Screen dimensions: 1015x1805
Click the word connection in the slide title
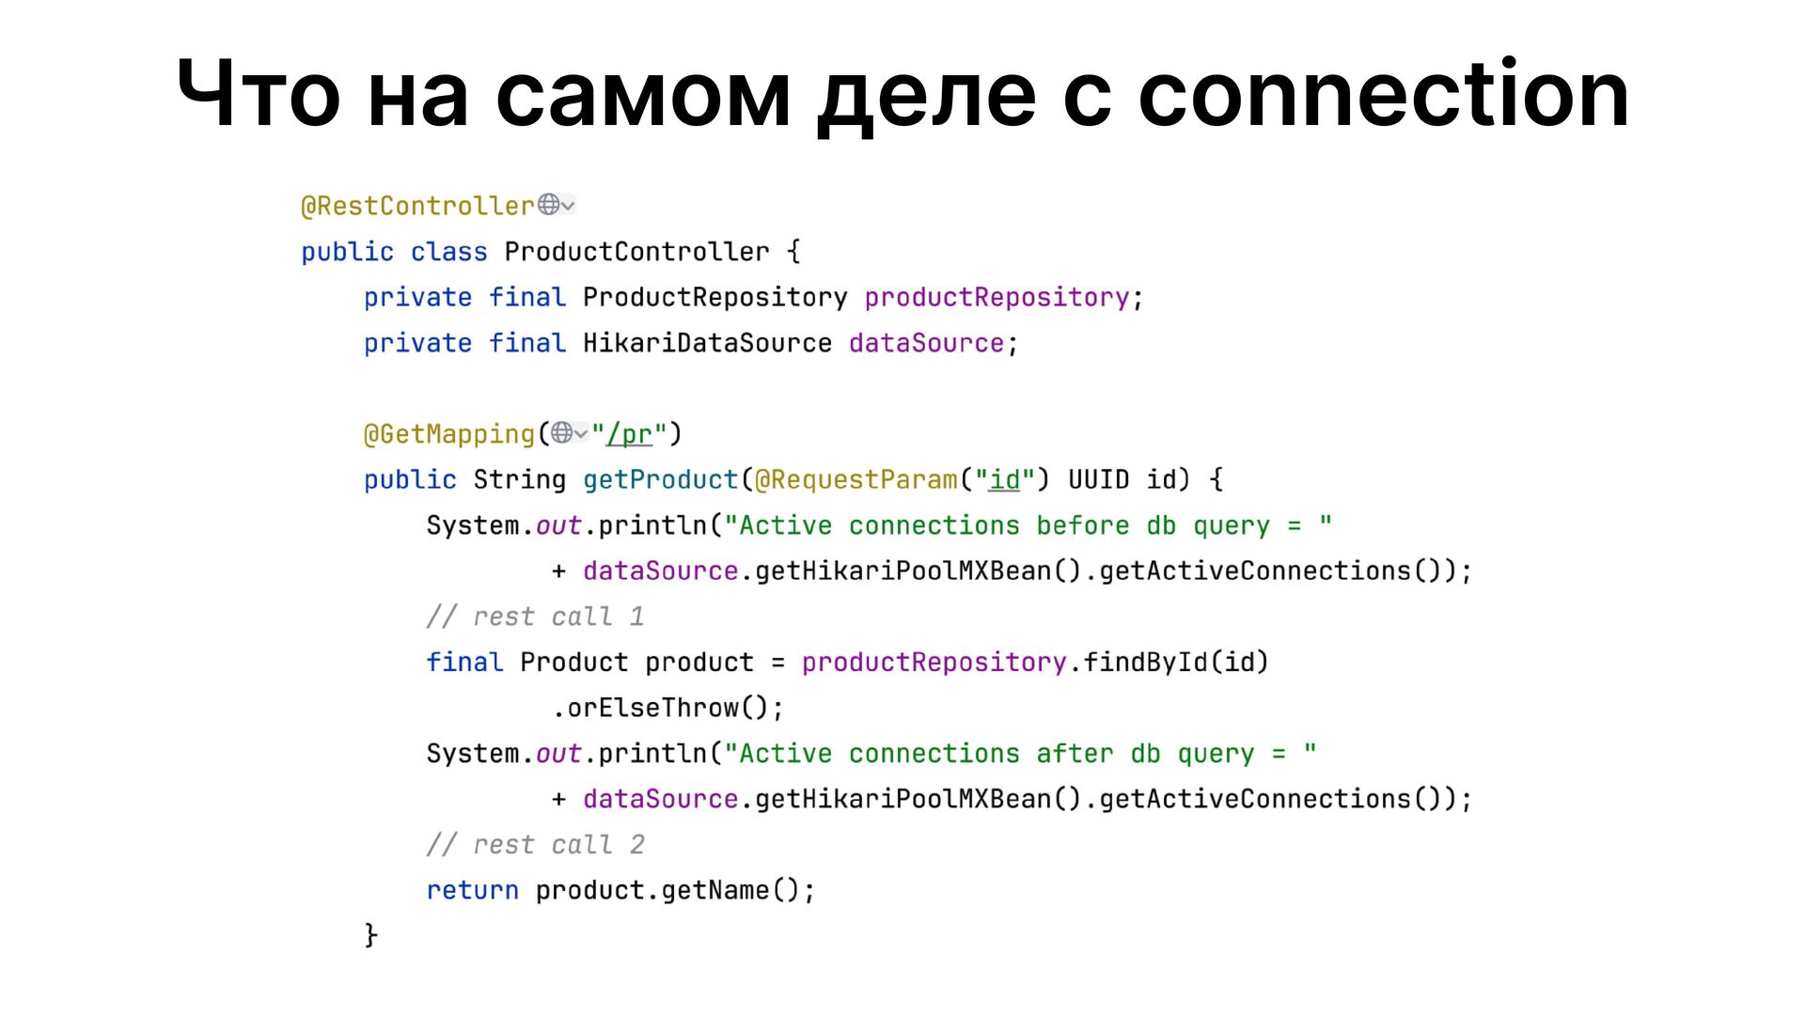coord(1384,94)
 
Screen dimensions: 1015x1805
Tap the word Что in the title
coord(259,94)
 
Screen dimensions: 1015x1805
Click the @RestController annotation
coord(417,206)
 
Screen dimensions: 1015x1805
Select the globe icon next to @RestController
coord(549,204)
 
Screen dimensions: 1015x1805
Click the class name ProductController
coord(636,252)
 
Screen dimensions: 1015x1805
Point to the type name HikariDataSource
coord(707,343)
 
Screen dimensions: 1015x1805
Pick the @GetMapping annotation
coord(449,434)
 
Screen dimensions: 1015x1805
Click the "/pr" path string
coord(629,434)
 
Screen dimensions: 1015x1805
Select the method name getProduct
coord(661,479)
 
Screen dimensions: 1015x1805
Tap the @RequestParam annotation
coord(855,479)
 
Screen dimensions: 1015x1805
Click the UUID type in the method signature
coord(1098,479)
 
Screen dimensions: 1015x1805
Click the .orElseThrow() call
coord(667,708)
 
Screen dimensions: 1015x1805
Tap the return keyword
coord(472,890)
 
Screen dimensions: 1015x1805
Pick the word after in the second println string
coord(1075,754)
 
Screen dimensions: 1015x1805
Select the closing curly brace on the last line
coord(371,935)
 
